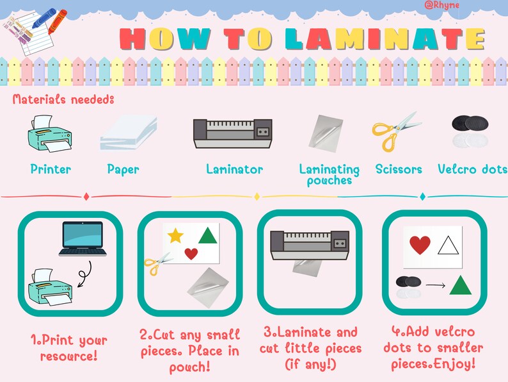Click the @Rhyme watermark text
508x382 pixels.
[x=441, y=5]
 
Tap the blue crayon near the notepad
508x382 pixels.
[x=44, y=18]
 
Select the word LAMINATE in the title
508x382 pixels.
[x=385, y=39]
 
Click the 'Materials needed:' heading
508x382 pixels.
[x=63, y=99]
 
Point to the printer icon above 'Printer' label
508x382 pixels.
[x=49, y=133]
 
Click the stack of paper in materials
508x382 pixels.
[x=129, y=133]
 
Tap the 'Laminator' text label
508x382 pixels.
[x=235, y=169]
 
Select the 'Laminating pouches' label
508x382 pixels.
[x=329, y=174]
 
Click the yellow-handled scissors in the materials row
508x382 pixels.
[x=395, y=132]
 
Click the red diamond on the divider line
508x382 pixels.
[x=86, y=196]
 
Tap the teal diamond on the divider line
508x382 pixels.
[x=422, y=196]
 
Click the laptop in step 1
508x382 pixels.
[x=83, y=238]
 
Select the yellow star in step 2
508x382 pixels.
[x=175, y=235]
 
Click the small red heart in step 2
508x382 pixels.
[x=191, y=253]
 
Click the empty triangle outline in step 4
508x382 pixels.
[x=448, y=245]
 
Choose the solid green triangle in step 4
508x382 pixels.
[x=461, y=286]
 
